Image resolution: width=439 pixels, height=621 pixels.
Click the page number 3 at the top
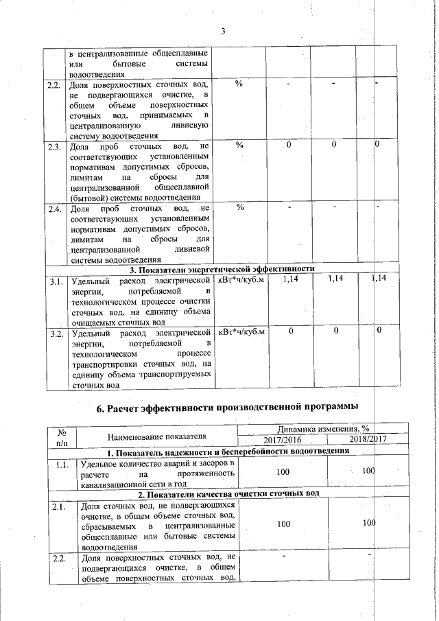(223, 30)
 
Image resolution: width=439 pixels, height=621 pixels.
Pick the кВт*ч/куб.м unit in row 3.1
(241, 280)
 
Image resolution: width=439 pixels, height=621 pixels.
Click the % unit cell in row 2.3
(239, 146)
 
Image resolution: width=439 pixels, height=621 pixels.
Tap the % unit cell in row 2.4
(239, 208)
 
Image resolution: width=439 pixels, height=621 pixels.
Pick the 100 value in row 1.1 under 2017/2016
(282, 473)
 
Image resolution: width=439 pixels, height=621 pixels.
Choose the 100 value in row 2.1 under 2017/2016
(282, 523)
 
